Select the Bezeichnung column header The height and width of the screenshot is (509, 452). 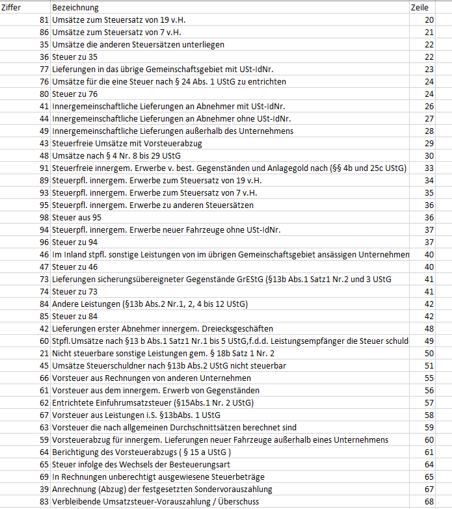point(75,8)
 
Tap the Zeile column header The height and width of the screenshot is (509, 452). point(420,8)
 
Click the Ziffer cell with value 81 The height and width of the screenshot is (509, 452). point(44,20)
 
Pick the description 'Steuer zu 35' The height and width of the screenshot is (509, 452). point(75,57)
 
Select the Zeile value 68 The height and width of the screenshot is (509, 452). point(429,501)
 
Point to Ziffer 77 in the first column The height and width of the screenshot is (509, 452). point(44,70)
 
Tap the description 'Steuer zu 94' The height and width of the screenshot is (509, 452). point(75,242)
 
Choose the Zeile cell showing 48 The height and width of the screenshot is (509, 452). point(429,328)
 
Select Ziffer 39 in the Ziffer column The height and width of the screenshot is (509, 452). point(44,489)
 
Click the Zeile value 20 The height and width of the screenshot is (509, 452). point(429,20)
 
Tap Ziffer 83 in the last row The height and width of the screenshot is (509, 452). point(44,501)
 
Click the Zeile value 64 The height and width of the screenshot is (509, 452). point(429,464)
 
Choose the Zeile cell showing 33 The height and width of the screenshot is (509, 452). point(429,168)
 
